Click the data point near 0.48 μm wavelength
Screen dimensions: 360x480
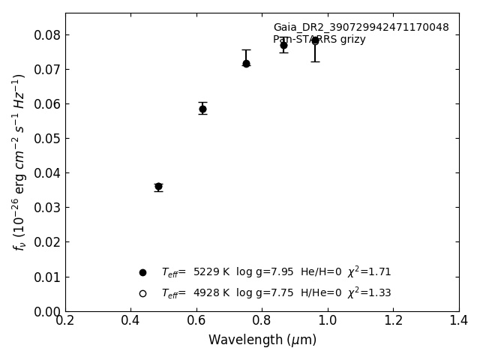pyautogui.click(x=158, y=186)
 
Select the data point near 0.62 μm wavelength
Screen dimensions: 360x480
pyautogui.click(x=202, y=109)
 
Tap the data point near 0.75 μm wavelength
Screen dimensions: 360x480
pyautogui.click(x=246, y=64)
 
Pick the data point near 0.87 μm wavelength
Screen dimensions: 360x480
pyautogui.click(x=283, y=45)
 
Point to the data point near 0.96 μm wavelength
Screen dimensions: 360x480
pyautogui.click(x=315, y=40)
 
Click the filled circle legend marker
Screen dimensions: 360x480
pyautogui.click(x=142, y=272)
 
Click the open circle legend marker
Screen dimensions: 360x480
pyautogui.click(x=142, y=293)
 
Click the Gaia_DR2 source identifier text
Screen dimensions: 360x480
pyautogui.click(x=361, y=28)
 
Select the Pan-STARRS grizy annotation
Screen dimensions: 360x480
pyautogui.click(x=319, y=40)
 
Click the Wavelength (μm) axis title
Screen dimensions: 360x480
pyautogui.click(x=262, y=340)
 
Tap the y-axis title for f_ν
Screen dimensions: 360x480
pyautogui.click(x=19, y=161)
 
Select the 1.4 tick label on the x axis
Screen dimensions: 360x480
pyautogui.click(x=459, y=320)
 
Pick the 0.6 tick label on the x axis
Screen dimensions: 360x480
pyautogui.click(x=196, y=320)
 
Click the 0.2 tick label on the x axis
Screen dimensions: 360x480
pyautogui.click(x=65, y=320)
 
